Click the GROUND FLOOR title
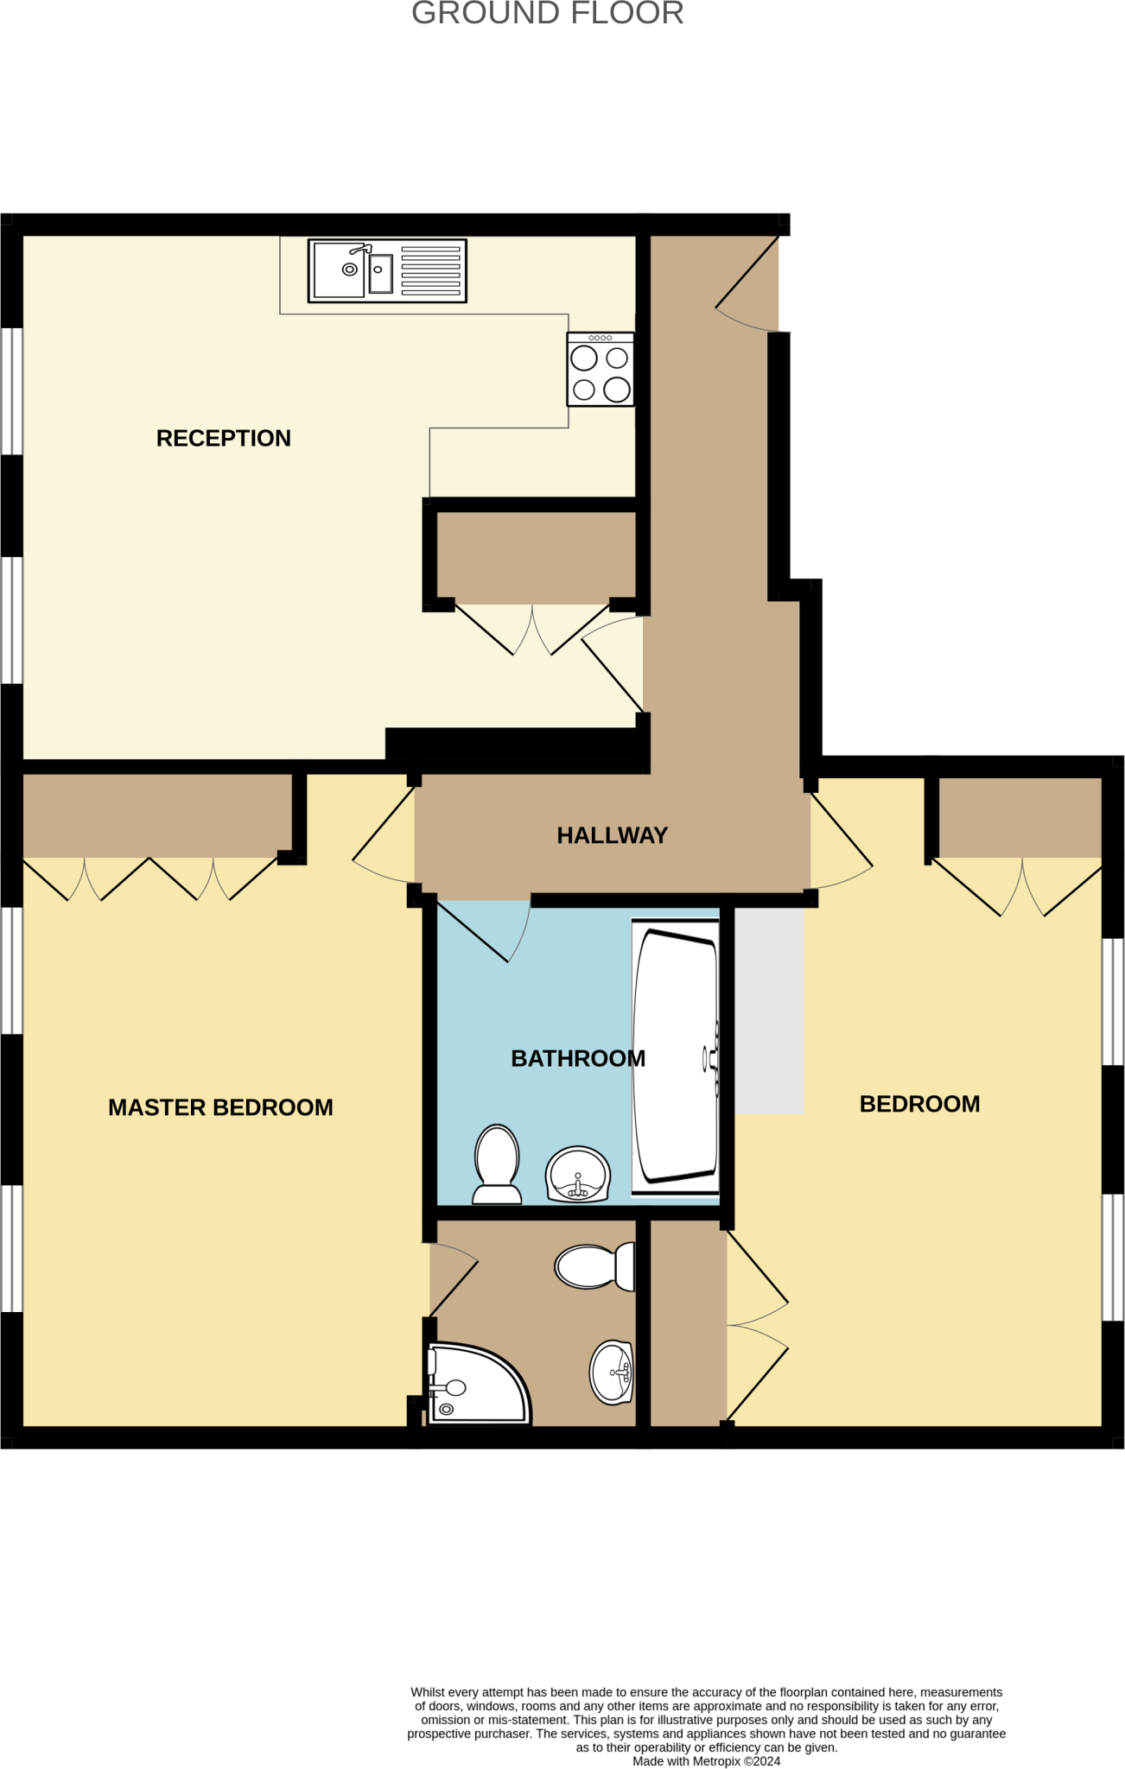point(547,14)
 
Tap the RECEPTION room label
point(223,439)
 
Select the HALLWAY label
point(612,835)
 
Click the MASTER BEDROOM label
point(220,1107)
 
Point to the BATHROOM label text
point(577,1058)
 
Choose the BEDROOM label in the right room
point(919,1104)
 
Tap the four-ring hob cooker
point(601,370)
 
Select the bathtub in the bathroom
point(676,1057)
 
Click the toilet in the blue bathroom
point(497,1163)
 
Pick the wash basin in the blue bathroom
point(578,1175)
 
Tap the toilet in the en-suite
point(594,1266)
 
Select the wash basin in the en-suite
point(612,1373)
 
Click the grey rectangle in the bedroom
point(769,1011)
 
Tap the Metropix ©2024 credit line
point(706,1761)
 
